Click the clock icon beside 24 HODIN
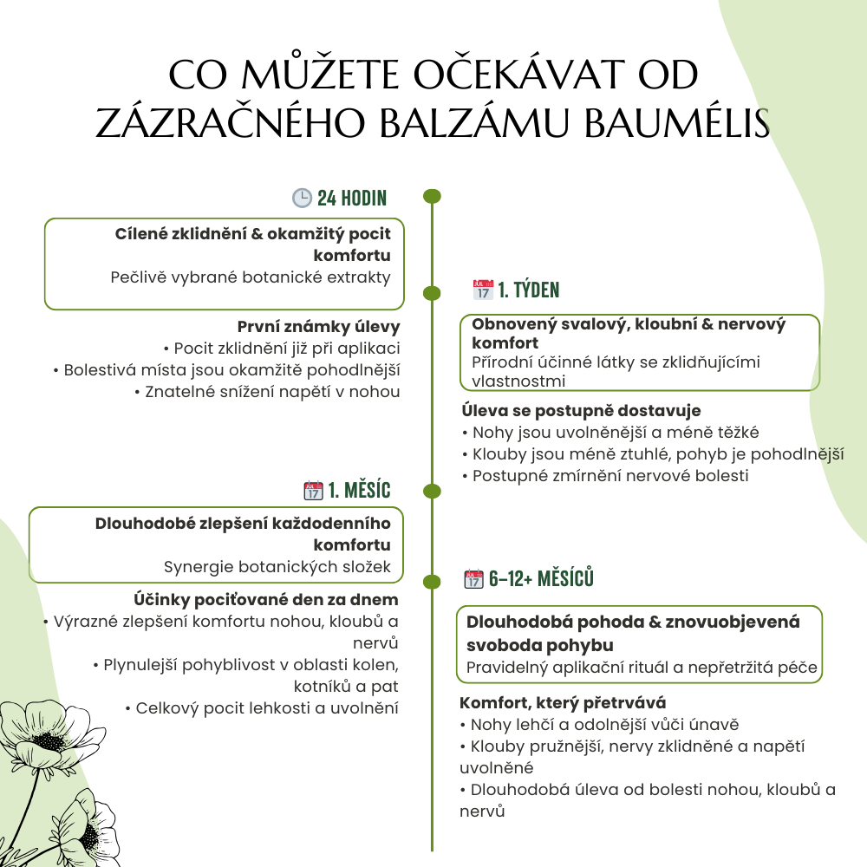tap(302, 198)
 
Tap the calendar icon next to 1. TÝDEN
tap(482, 290)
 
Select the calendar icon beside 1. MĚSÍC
tap(313, 491)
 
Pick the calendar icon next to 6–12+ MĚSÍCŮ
tap(473, 579)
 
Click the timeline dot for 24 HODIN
tap(432, 197)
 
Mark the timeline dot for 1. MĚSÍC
tap(432, 492)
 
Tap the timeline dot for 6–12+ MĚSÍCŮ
tap(432, 579)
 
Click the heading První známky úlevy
tap(318, 327)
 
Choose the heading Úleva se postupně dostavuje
tap(580, 410)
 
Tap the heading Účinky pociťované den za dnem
tap(266, 599)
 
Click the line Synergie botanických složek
tap(277, 567)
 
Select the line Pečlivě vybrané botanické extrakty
tap(251, 277)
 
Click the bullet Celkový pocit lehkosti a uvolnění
tap(262, 707)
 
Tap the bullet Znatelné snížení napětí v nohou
tap(267, 392)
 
